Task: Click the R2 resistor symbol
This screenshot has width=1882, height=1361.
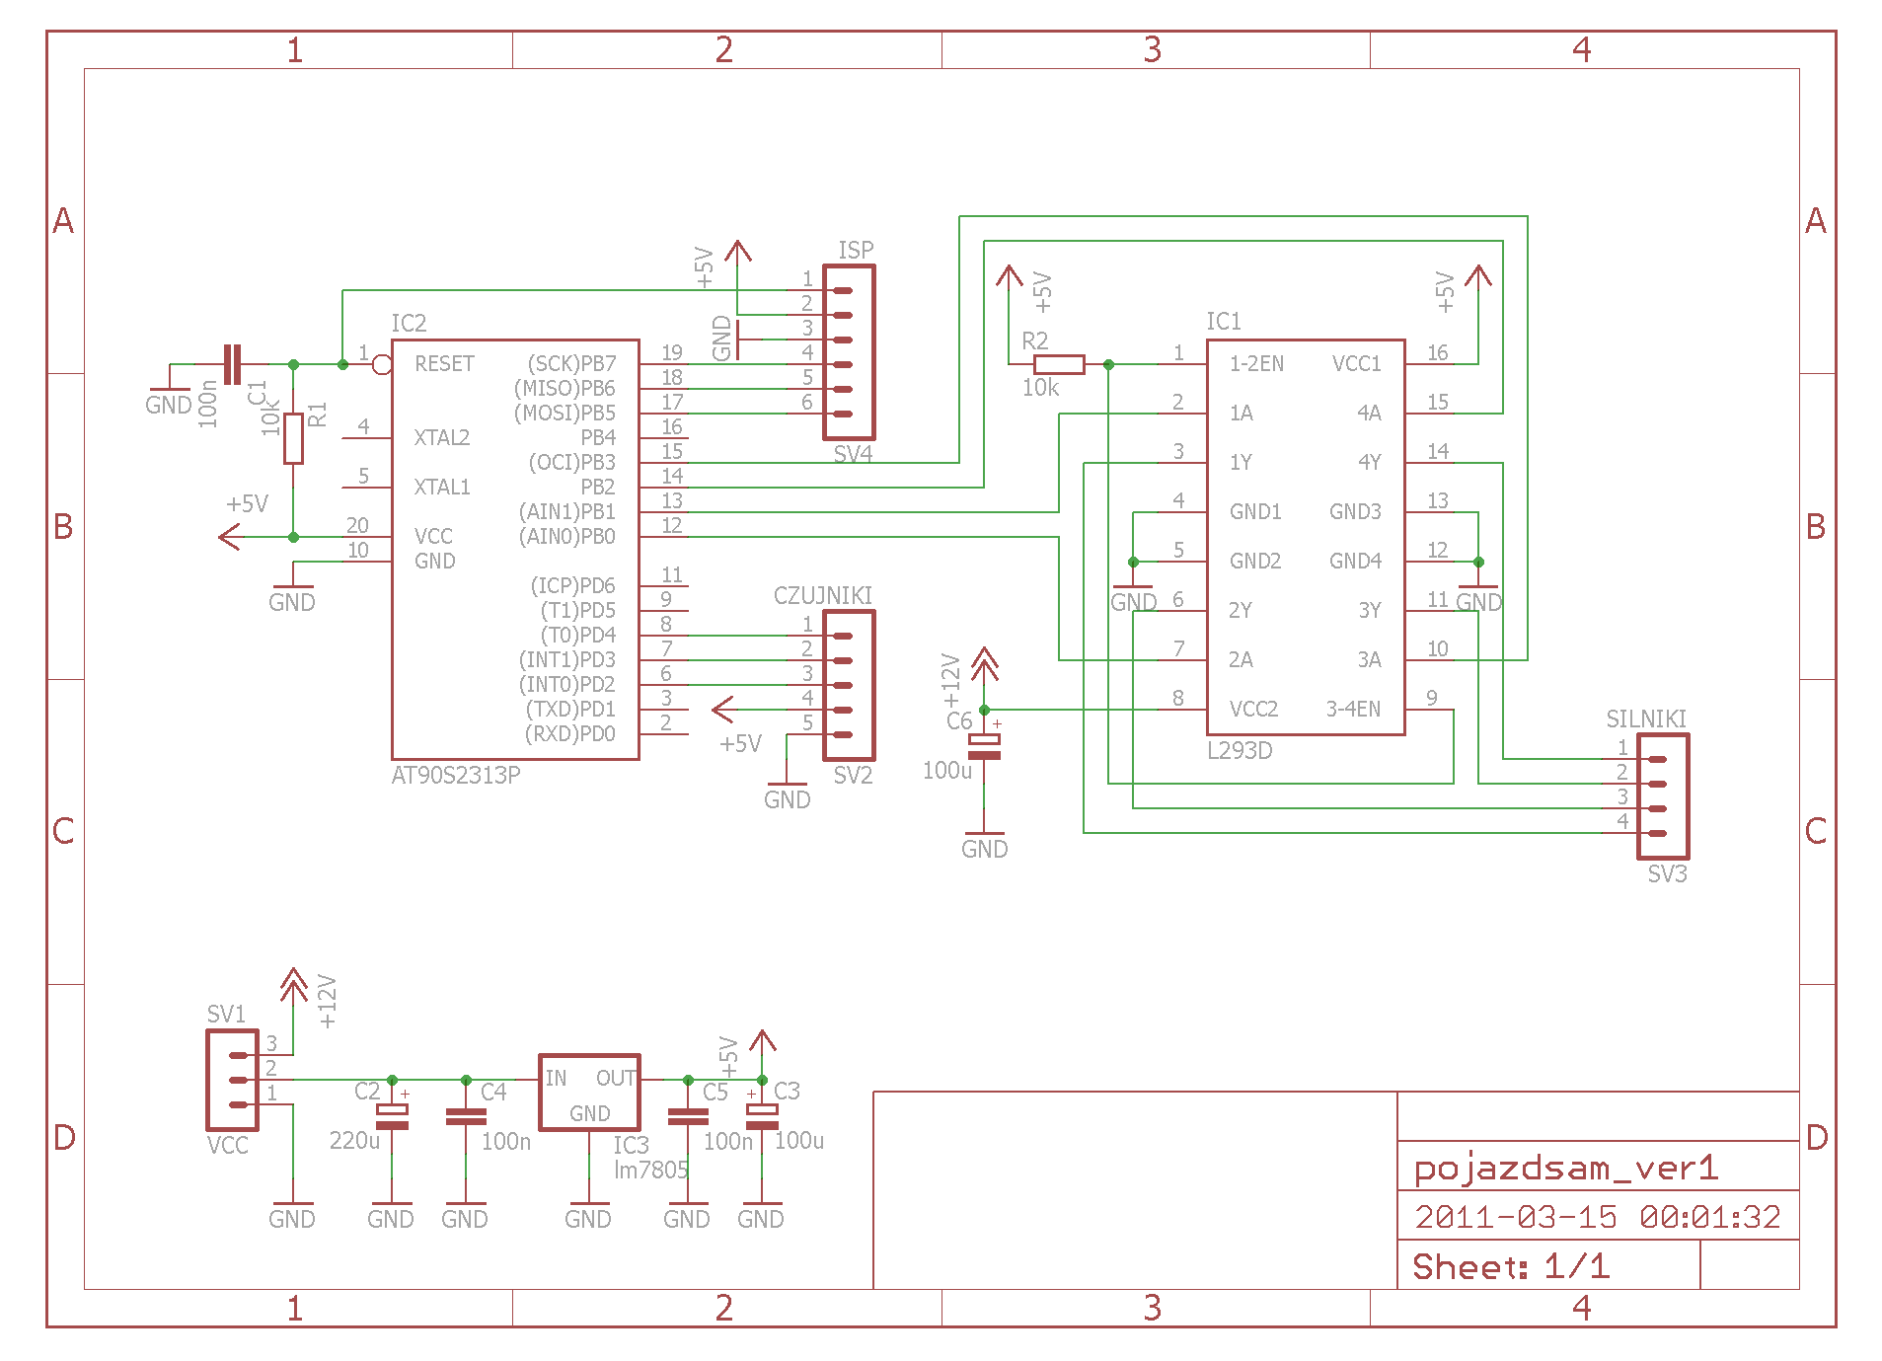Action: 1059,364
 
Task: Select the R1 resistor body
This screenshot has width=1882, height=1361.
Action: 293,438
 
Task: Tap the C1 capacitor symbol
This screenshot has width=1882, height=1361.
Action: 232,364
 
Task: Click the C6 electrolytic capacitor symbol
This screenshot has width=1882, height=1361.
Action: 984,747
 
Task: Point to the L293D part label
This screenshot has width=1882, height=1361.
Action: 1240,750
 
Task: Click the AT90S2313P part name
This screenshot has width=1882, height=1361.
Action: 456,775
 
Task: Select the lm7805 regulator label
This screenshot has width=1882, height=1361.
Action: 651,1170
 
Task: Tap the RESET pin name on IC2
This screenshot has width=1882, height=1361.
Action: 444,363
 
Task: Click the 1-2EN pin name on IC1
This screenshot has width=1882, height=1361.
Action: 1256,363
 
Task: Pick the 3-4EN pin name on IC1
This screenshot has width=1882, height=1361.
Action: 1353,709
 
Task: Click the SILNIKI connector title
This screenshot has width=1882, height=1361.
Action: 1646,718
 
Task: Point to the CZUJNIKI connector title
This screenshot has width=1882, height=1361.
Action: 823,595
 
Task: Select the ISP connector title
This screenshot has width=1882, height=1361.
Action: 856,250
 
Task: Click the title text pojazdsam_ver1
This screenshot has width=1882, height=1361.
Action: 1566,1169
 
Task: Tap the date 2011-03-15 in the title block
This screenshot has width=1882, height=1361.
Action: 1516,1217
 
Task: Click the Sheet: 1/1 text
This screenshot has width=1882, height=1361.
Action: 1511,1266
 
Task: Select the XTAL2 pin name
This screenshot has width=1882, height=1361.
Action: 442,437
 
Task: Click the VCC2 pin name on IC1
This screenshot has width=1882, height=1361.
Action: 1253,709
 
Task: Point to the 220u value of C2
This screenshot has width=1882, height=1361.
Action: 354,1140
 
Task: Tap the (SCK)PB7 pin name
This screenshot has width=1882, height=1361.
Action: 571,363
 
